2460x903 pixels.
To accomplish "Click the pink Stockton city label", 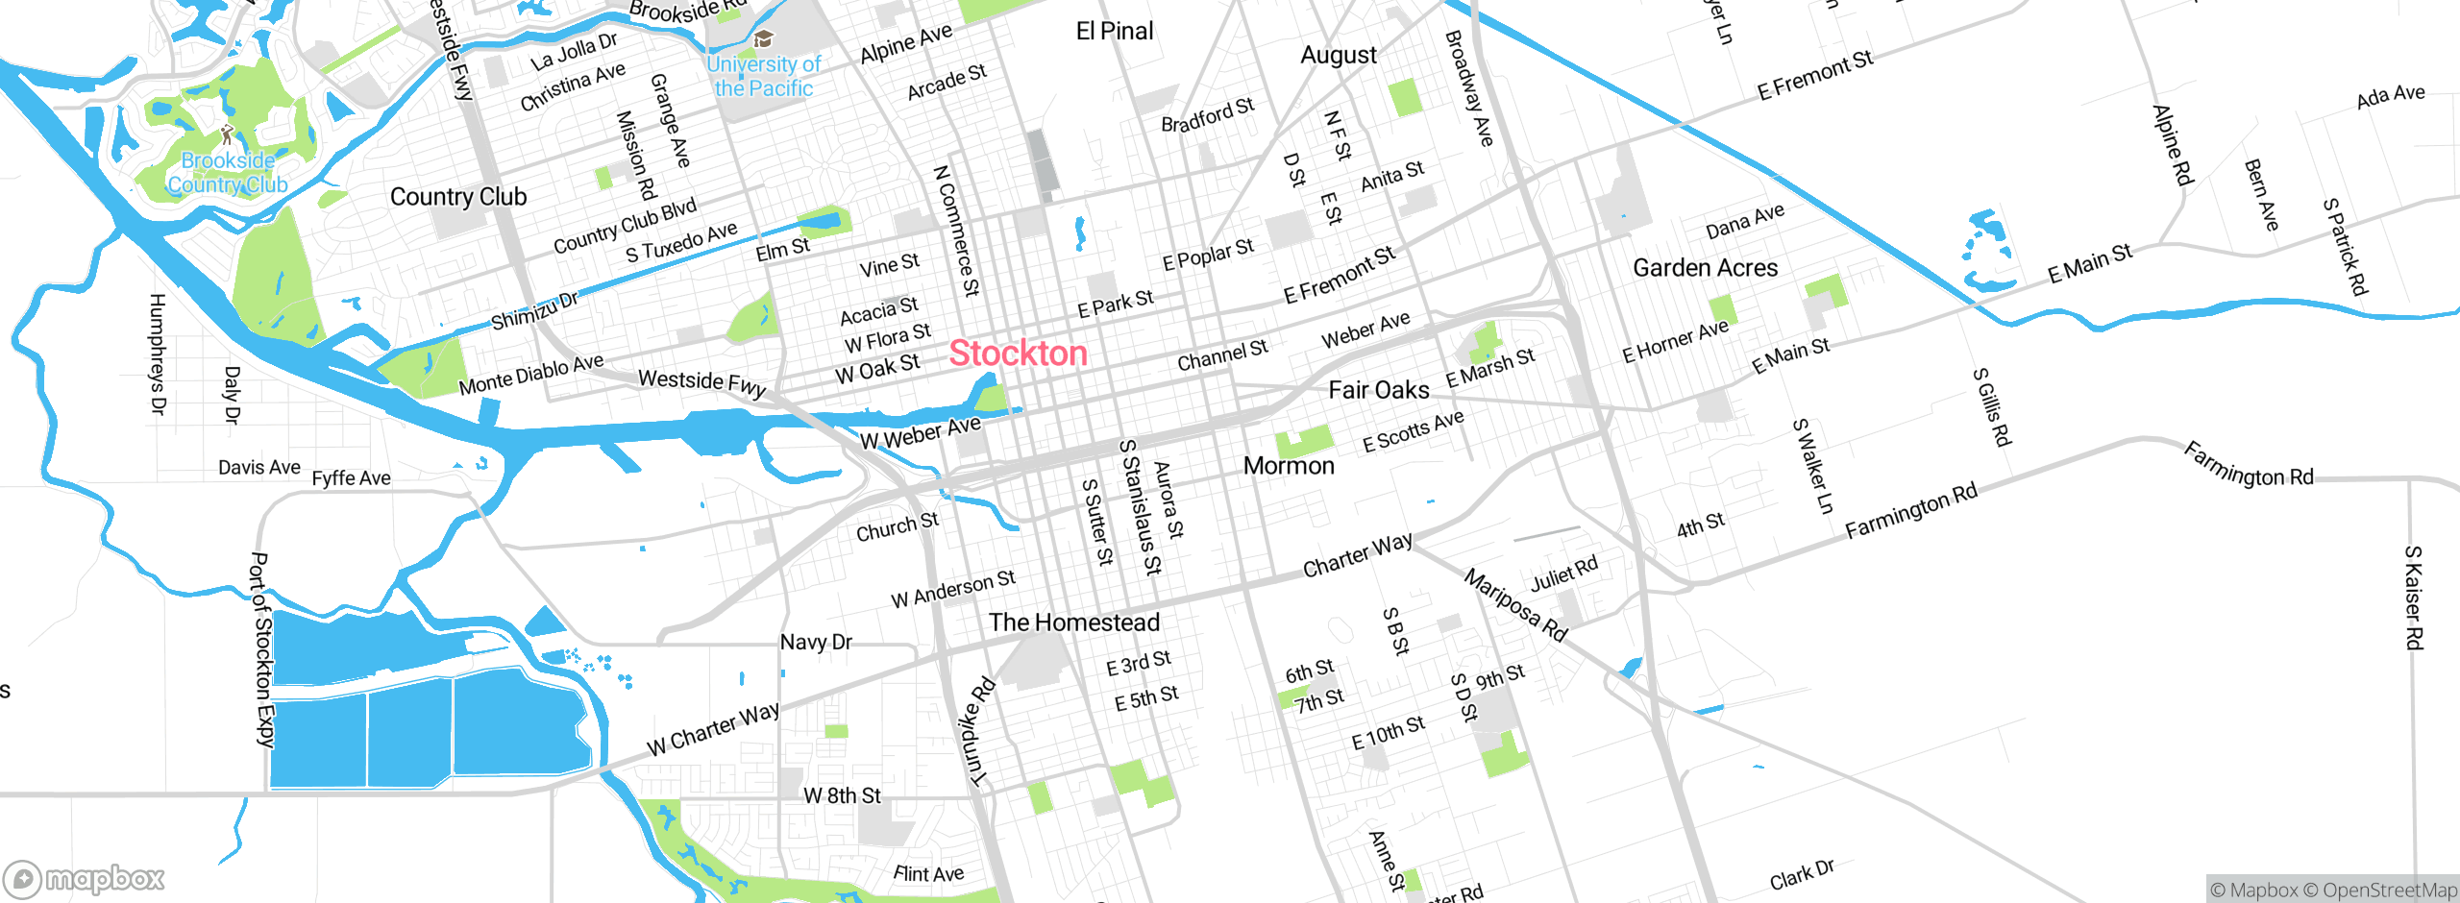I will tap(1018, 354).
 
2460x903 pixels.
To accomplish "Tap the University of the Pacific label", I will tap(764, 77).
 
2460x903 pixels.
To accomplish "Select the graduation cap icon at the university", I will tap(763, 39).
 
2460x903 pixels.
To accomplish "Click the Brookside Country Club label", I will tap(228, 174).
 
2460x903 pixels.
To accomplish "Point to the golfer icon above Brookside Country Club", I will tap(227, 134).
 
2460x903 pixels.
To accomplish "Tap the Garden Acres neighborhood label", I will tap(1705, 268).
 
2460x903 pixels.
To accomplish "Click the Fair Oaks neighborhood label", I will tap(1378, 390).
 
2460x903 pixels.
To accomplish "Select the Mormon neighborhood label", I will tap(1289, 466).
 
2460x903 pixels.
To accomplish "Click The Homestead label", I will tap(1074, 622).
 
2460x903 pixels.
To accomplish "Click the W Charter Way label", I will tap(712, 729).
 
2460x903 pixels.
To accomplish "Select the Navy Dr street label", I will tap(816, 642).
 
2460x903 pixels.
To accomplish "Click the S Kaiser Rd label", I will tap(2413, 598).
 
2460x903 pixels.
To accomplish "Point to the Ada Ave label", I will tap(2390, 96).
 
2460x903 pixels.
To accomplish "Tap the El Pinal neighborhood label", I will tap(1115, 32).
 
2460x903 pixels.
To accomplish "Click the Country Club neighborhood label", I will tap(458, 197).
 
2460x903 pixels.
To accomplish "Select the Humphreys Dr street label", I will tap(159, 354).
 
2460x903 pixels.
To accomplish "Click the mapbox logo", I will tap(84, 879).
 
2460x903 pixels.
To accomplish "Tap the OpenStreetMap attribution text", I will tap(2389, 891).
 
